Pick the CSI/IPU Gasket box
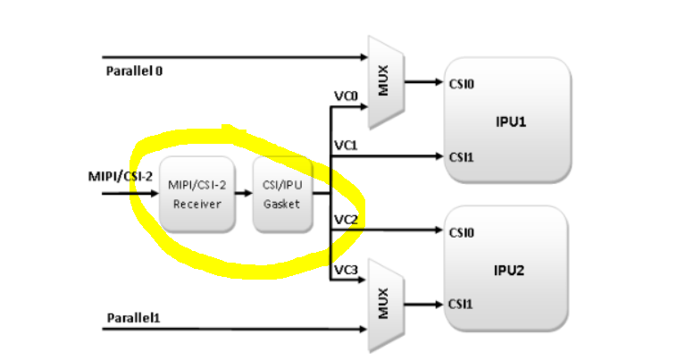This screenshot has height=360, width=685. click(x=282, y=194)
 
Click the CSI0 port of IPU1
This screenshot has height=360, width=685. click(x=461, y=85)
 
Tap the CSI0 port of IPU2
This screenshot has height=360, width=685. click(x=461, y=233)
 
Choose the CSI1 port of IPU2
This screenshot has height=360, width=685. click(x=461, y=304)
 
